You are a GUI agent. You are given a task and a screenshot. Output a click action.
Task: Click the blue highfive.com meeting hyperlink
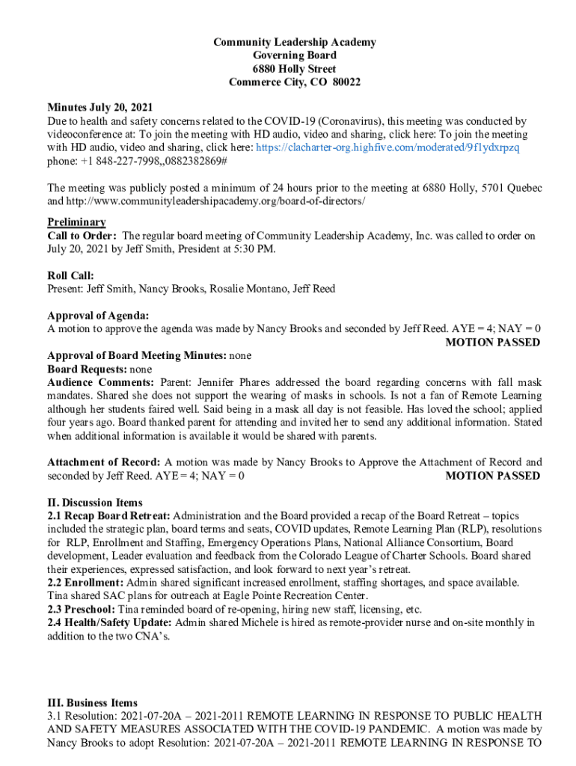click(387, 147)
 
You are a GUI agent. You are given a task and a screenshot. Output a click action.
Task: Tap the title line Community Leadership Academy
click(295, 42)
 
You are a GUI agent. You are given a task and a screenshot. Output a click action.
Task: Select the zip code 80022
click(346, 82)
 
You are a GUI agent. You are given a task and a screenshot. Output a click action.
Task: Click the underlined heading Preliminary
click(76, 222)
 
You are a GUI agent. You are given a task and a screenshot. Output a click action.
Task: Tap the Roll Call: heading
click(70, 275)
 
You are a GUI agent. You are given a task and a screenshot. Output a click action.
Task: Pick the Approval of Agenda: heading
click(98, 315)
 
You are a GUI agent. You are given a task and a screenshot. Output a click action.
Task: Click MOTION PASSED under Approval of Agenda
click(492, 342)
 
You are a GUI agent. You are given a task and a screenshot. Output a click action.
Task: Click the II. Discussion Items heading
click(94, 503)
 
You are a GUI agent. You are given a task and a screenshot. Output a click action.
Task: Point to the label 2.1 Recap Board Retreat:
click(108, 516)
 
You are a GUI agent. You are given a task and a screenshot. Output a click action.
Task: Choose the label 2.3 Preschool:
click(80, 609)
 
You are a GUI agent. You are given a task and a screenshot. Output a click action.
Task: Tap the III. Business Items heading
click(92, 702)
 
